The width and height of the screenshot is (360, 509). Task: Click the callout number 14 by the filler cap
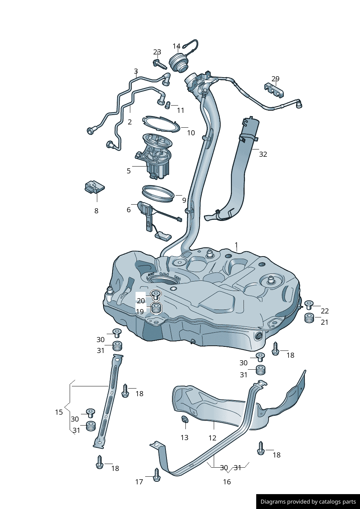[176, 46]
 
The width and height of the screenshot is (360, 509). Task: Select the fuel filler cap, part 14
[180, 62]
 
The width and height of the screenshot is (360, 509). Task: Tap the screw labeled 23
[160, 64]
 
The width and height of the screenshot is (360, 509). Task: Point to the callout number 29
[275, 79]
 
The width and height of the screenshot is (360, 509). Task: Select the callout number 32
[263, 154]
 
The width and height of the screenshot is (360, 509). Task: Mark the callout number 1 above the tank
[236, 245]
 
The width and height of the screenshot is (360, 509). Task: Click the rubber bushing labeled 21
[309, 318]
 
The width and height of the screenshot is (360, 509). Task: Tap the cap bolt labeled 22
[309, 305]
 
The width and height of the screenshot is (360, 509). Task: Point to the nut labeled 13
[184, 420]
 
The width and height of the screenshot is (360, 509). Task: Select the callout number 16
[227, 482]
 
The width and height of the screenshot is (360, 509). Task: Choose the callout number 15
[59, 412]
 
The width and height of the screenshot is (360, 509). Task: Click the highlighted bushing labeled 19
[156, 308]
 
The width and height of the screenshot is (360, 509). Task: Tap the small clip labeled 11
[168, 105]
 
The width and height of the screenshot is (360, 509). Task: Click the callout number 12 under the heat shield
[212, 438]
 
